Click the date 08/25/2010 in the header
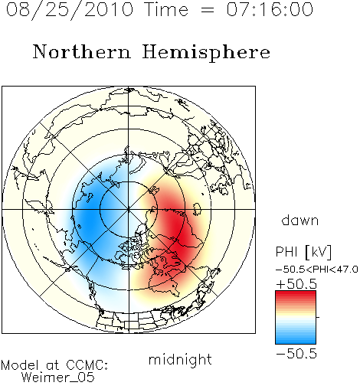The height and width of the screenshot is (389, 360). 70,10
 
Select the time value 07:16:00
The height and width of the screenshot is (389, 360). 270,9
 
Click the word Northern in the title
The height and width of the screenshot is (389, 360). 82,51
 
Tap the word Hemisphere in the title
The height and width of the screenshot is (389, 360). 206,53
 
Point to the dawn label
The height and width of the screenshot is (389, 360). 300,220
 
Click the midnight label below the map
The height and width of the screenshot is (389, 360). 180,359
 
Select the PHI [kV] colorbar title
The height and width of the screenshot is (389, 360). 303,252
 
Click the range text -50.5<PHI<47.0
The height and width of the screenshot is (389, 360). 317,270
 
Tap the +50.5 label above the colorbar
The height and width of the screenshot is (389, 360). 296,284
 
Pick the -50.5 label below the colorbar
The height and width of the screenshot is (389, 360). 296,354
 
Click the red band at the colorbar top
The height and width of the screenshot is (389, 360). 296,294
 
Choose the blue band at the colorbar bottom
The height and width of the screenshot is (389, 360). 296,341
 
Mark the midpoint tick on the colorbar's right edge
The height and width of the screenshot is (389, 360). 318,317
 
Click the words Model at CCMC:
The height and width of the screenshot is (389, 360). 54,365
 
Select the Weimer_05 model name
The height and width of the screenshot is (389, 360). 57,378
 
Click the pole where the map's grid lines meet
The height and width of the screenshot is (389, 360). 129,209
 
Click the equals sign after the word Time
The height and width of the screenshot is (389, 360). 208,10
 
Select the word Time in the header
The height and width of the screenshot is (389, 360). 166,9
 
